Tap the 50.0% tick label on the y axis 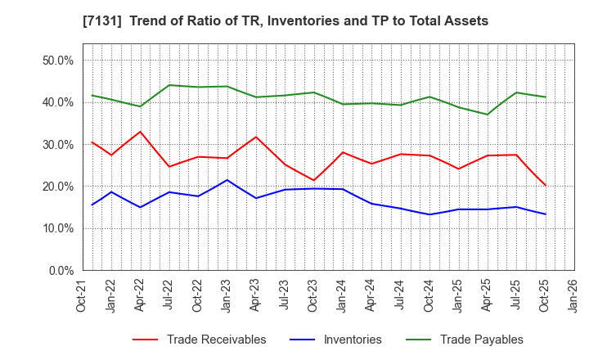coord(58,61)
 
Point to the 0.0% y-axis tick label coord(61,270)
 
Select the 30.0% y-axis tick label coord(58,144)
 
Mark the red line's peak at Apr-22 coord(140,132)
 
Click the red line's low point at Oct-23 coord(313,180)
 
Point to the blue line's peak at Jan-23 coord(227,180)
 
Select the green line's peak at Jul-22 coord(169,85)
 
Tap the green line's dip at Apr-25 coord(488,115)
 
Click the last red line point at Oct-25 coord(545,185)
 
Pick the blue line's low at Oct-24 coord(429,214)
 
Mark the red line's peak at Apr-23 coord(256,137)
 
